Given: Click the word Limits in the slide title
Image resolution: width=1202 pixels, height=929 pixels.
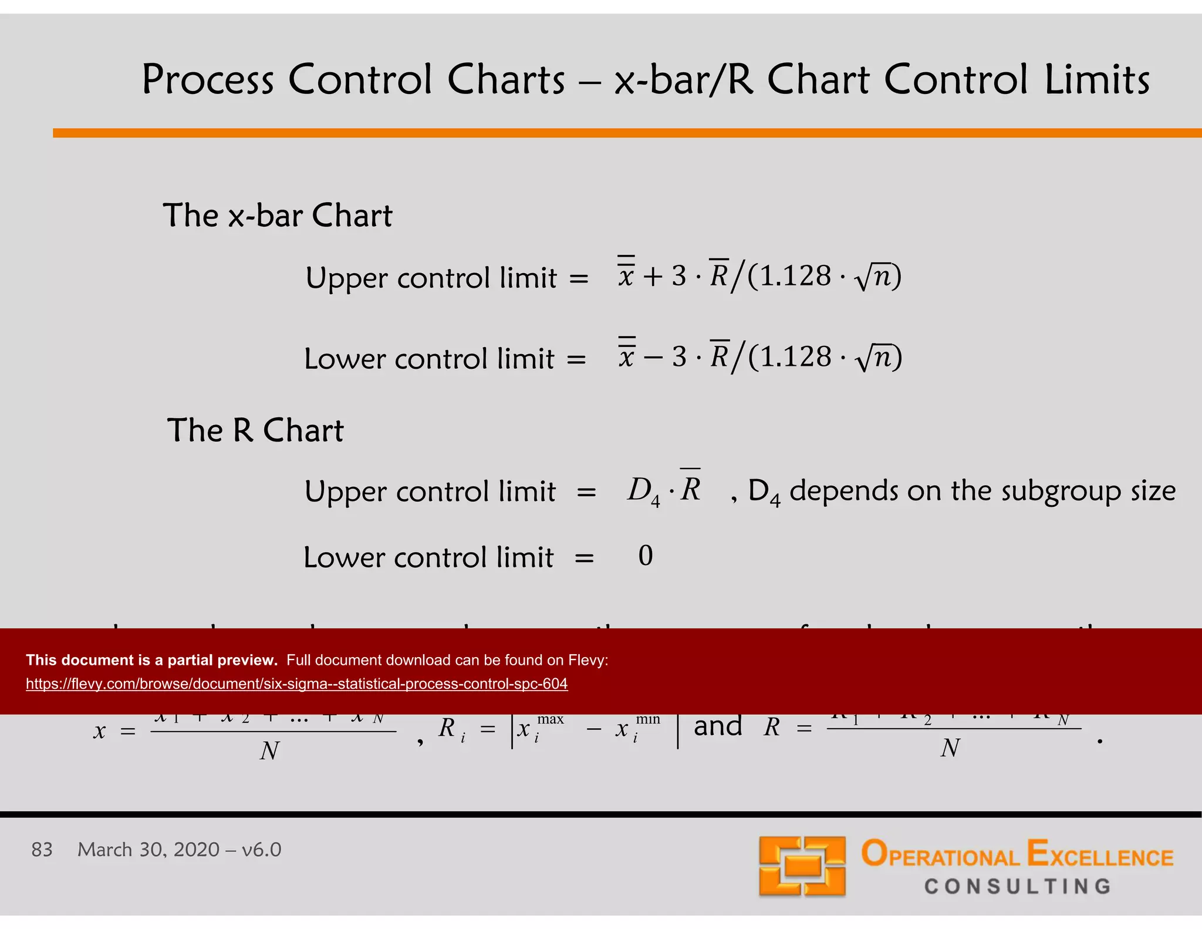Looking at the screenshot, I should [x=1096, y=80].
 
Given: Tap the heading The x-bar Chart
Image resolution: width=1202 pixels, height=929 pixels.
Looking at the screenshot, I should [x=277, y=216].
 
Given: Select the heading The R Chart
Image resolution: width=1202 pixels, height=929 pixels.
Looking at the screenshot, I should [x=255, y=430].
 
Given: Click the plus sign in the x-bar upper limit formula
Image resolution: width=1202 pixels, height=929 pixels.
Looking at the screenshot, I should [x=652, y=277].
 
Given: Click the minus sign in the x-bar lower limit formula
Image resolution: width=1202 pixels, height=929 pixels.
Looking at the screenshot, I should [x=652, y=358].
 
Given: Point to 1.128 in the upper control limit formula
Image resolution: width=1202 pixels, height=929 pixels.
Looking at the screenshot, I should [x=796, y=276].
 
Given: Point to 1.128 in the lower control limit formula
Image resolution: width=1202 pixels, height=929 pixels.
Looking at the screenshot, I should [x=796, y=357].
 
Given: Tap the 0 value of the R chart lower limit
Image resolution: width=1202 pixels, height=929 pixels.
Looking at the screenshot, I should [x=645, y=556].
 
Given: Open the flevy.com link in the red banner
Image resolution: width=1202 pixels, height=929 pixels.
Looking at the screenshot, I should [x=296, y=684].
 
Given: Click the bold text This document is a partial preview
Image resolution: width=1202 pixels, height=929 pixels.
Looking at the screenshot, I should [x=151, y=660].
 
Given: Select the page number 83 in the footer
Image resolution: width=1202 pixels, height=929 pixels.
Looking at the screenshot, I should [x=42, y=850].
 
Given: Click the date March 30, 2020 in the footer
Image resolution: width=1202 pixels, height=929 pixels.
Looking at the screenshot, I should [x=148, y=850].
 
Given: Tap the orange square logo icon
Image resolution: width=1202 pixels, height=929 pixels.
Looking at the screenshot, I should [x=802, y=866].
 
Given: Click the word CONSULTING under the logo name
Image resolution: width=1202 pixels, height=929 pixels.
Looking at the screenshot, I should [x=1018, y=886].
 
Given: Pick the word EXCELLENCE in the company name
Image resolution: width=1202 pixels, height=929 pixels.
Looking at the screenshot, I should [x=1100, y=855].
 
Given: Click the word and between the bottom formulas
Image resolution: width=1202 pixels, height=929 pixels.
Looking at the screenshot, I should [x=718, y=727].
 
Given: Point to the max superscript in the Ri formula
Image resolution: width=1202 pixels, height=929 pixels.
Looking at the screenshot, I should [x=550, y=719].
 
